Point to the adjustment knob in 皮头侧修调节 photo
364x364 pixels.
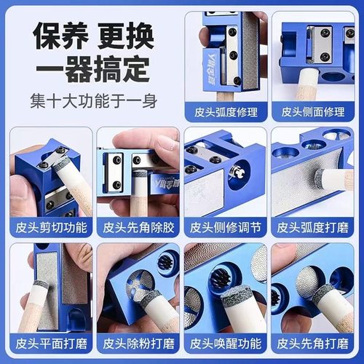point(234,175)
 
